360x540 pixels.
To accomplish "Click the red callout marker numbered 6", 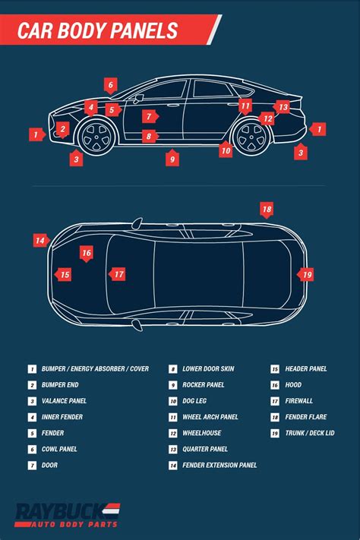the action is pos(111,85).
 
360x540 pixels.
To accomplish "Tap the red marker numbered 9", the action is pos(172,159).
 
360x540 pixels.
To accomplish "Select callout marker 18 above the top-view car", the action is pos(267,210).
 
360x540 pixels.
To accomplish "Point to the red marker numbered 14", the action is pos(41,241).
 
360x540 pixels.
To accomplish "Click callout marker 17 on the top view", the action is pos(118,274).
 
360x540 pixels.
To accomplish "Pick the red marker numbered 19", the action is pos(305,275).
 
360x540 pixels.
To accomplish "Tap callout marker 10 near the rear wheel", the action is pos(226,150).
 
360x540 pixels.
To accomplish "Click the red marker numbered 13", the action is pos(282,107).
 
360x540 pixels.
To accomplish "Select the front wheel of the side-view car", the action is pos(96,137).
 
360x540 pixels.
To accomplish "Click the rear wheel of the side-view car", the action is pos(251,137).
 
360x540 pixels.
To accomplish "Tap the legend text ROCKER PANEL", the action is pos(204,384).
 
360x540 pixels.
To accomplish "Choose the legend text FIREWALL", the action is pos(299,401).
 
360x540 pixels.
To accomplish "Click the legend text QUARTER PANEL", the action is pos(205,449).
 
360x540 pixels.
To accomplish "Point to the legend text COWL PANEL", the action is pos(59,449).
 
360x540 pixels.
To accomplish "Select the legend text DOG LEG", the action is pos(194,401).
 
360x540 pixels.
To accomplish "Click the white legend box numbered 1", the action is pos(32,369).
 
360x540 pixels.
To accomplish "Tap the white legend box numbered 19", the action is pos(275,433).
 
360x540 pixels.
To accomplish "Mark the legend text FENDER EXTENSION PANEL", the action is pos(219,466).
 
